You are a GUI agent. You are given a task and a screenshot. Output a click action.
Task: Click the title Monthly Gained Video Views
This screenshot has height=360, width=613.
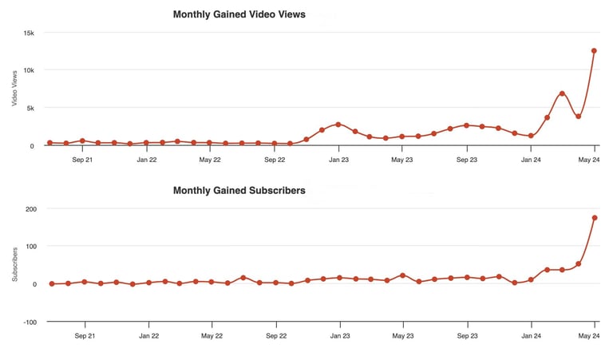[239, 14]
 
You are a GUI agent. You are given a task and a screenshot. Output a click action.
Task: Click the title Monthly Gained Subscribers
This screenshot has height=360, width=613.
[239, 191]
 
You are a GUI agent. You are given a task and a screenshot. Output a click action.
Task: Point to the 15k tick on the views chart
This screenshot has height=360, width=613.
[29, 33]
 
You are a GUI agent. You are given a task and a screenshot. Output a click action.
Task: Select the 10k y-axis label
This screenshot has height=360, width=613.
[29, 70]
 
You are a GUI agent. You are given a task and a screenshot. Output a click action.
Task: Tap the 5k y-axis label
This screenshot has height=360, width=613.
[30, 108]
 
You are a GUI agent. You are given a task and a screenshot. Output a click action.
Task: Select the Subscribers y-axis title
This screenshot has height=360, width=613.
[14, 265]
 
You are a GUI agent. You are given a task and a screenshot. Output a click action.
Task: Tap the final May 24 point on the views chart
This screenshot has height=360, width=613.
[595, 50]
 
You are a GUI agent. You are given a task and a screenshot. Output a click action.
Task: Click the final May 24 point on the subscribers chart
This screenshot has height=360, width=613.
[595, 218]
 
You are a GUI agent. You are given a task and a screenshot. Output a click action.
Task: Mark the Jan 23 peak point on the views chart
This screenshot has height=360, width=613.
[338, 125]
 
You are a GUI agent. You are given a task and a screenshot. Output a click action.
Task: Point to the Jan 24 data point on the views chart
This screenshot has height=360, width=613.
[531, 136]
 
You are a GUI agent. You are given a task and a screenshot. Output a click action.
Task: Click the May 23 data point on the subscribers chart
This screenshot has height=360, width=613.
[403, 275]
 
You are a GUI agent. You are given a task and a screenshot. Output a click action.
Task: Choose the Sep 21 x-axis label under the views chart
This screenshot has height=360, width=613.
[83, 160]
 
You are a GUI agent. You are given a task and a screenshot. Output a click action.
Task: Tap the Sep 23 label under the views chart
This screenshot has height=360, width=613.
[467, 160]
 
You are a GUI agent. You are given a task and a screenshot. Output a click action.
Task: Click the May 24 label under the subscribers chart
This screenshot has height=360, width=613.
[589, 336]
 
